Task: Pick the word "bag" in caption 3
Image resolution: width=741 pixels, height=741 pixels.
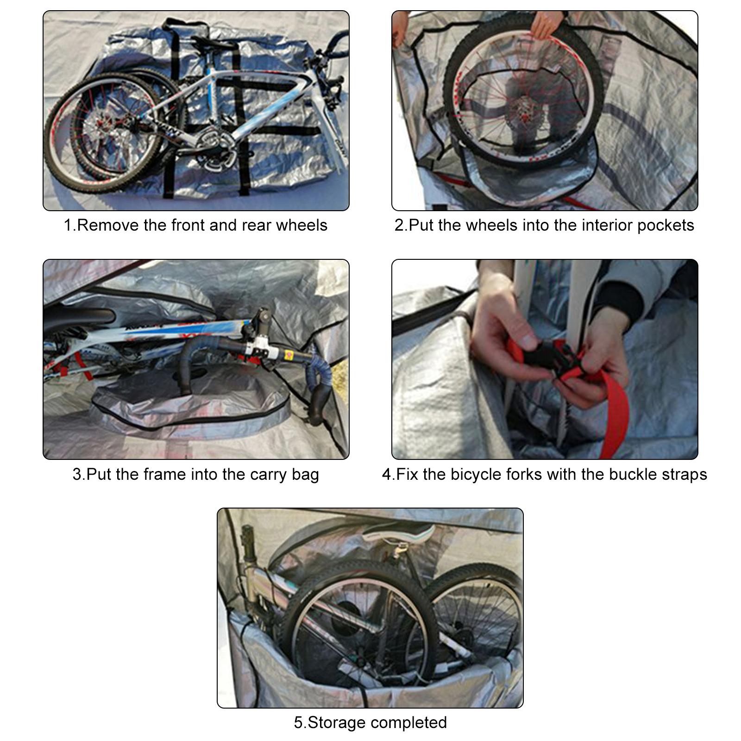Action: point(305,475)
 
